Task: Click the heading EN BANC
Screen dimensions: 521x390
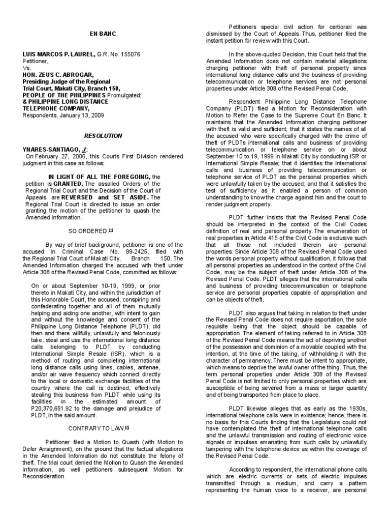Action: (x=103, y=34)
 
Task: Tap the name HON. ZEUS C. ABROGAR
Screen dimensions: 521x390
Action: (x=57, y=75)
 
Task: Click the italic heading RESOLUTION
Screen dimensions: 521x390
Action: (x=103, y=136)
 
